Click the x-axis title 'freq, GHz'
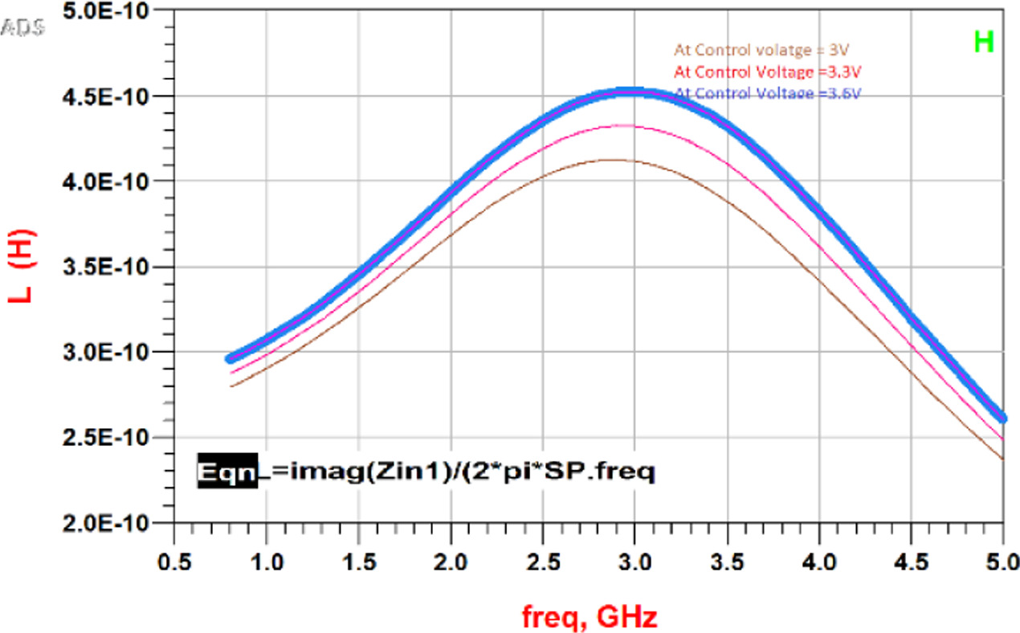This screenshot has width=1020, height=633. coord(589,618)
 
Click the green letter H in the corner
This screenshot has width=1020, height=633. coord(984,43)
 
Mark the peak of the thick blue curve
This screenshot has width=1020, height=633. coord(634,93)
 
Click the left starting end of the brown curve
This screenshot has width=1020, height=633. coord(231,386)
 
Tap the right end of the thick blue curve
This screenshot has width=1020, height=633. coord(1002,418)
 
